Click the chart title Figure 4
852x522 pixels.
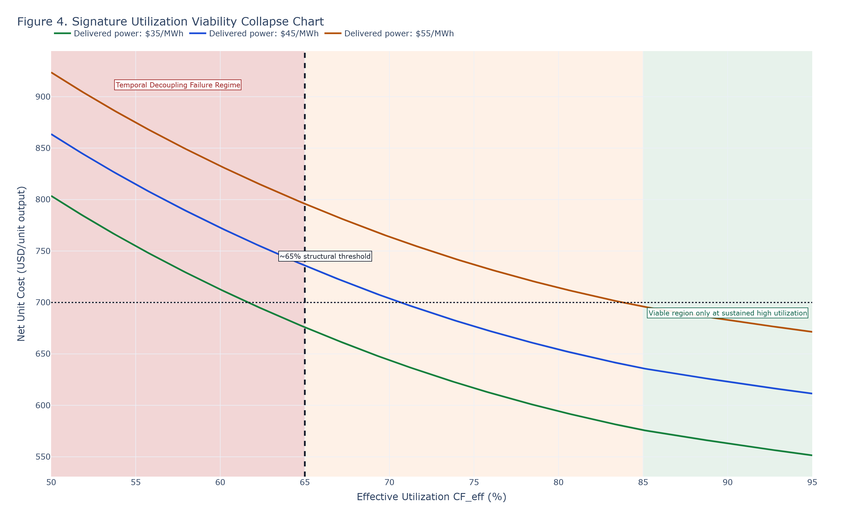tap(170, 22)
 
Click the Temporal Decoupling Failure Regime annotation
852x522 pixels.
tap(178, 85)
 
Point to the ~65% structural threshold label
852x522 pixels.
tap(325, 256)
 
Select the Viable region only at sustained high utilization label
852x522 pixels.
tap(728, 313)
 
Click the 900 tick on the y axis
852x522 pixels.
tap(43, 97)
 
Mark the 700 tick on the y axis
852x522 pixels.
tap(43, 303)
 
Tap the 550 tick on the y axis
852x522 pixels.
tap(43, 457)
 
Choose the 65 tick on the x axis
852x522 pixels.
tap(305, 482)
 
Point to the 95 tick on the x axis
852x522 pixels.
tap(812, 482)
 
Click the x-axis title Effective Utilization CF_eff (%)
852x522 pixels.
tap(431, 497)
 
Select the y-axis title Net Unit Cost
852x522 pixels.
tap(21, 264)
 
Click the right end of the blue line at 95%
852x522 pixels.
tap(812, 393)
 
